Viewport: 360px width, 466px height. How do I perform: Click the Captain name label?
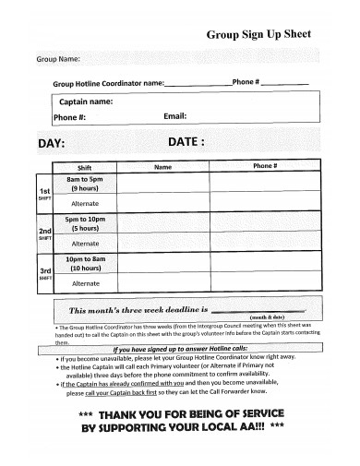tap(87, 102)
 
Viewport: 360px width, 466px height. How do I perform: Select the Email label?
tap(174, 117)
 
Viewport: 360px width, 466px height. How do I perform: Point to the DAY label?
tap(51, 144)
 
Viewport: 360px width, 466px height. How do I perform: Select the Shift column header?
tap(85, 168)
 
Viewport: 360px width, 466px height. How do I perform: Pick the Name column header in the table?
tap(162, 168)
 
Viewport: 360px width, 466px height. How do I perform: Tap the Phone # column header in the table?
tap(265, 167)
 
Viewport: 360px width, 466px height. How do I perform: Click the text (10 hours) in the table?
tap(85, 269)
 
